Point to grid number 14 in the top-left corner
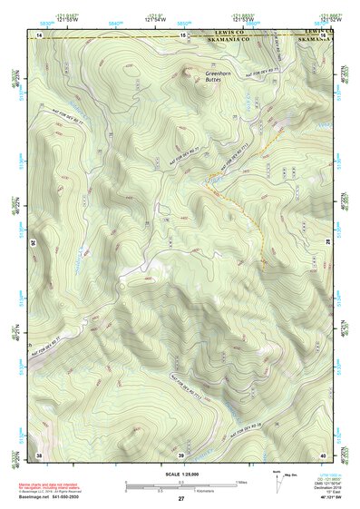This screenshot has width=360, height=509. pos(39,35)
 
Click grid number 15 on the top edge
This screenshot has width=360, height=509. pos(183,35)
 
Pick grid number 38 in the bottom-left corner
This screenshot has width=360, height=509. pos(39,454)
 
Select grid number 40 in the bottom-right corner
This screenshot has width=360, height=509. pos(322,454)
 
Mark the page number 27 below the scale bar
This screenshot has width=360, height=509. pos(180,500)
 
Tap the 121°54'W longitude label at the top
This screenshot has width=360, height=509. pos(154,19)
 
